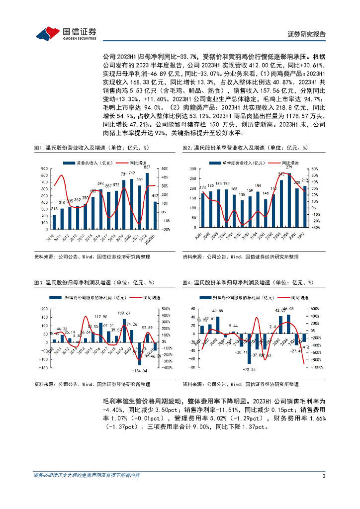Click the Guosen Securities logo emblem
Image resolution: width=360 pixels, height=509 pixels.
(x=48, y=33)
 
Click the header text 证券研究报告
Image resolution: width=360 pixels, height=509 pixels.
(x=307, y=34)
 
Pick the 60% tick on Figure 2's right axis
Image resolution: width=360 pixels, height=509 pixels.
(x=315, y=169)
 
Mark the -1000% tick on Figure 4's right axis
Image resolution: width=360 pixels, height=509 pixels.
(x=317, y=368)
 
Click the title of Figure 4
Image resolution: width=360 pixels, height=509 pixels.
(x=248, y=282)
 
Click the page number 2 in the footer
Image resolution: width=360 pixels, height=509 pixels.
(x=324, y=476)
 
